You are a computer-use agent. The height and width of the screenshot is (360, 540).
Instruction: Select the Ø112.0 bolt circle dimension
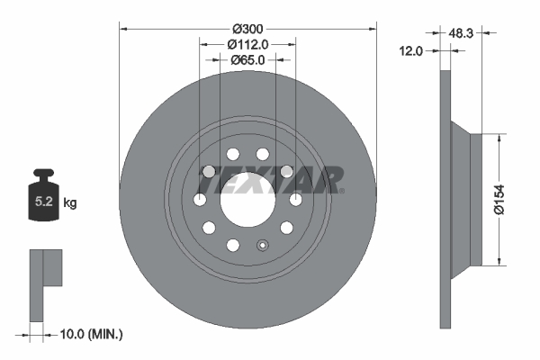tap(247, 43)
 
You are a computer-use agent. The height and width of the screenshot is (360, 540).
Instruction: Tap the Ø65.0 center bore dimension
tap(247, 59)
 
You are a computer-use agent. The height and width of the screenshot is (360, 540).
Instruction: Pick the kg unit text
tap(70, 203)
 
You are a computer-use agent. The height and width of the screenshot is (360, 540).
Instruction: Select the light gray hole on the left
tap(208, 171)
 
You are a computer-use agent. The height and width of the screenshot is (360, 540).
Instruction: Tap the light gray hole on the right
tap(287, 171)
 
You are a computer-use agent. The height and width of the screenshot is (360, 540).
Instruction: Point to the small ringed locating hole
tap(262, 245)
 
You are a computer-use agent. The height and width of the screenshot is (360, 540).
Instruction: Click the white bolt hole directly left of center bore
tap(200, 199)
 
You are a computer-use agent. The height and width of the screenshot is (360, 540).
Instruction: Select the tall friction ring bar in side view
tap(445, 199)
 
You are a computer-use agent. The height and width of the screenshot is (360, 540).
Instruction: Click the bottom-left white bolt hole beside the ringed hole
tap(233, 245)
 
